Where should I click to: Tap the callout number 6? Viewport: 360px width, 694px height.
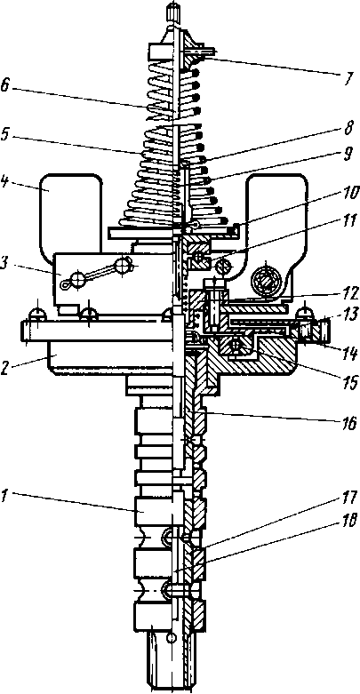pos(6,85)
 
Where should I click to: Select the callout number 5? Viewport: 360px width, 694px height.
pos(6,134)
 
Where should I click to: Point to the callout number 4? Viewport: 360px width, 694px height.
pos(6,182)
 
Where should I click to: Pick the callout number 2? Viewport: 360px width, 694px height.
pos(5,368)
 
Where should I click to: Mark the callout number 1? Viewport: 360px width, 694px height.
pos(4,496)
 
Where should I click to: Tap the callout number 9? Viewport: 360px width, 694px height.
pos(348,155)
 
